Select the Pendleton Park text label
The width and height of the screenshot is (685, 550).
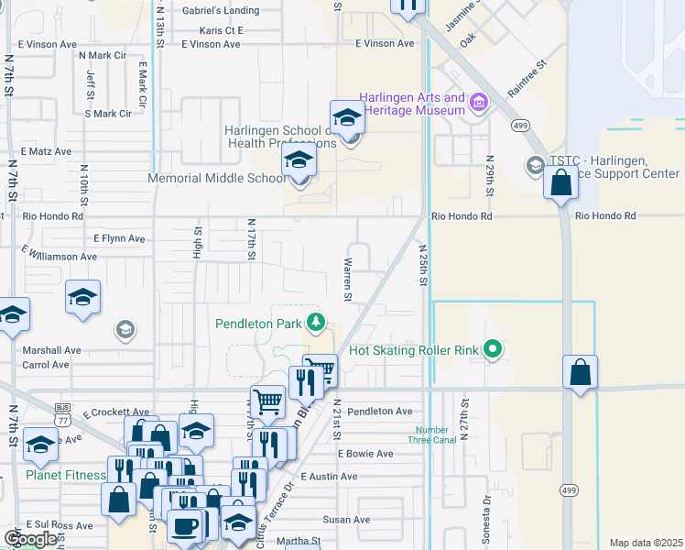pyautogui.click(x=260, y=323)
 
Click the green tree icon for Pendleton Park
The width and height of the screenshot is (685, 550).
pyautogui.click(x=316, y=322)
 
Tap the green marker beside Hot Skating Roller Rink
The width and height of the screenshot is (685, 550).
pyautogui.click(x=494, y=349)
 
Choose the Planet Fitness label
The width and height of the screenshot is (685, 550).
pyautogui.click(x=65, y=475)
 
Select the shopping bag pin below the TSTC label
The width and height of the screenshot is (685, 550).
pyautogui.click(x=560, y=181)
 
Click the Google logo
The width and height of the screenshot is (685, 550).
pyautogui.click(x=30, y=538)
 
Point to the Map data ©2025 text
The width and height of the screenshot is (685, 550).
pyautogui.click(x=646, y=543)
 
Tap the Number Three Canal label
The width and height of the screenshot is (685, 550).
pyautogui.click(x=431, y=434)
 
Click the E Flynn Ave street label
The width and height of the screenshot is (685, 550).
pyautogui.click(x=119, y=238)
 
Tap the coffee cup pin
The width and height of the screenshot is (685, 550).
pyautogui.click(x=186, y=527)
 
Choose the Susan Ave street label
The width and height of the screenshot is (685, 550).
pyautogui.click(x=346, y=520)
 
